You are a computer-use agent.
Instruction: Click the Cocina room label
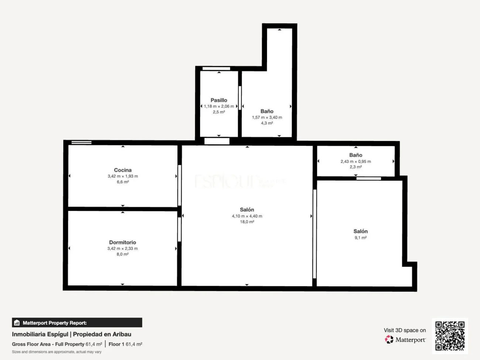coord(123,170)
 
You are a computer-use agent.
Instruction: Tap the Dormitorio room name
coord(123,243)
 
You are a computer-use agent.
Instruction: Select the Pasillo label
coord(219,100)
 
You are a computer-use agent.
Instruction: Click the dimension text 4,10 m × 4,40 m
coord(247,216)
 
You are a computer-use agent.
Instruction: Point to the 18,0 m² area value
coord(247,222)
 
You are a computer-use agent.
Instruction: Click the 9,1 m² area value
coord(360,238)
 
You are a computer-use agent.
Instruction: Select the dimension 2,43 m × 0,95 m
coord(356,161)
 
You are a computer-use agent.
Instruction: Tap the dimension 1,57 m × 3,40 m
coord(267,117)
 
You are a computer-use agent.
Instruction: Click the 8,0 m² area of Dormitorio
coord(123,254)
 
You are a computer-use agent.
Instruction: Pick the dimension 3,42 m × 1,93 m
coord(123,176)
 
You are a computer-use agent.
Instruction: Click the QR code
coord(450,336)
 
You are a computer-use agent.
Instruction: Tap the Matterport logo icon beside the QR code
coord(389,339)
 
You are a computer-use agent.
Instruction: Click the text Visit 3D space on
coord(405,330)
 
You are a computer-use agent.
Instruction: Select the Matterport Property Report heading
coord(55,323)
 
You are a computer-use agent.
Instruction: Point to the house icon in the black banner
coord(17,323)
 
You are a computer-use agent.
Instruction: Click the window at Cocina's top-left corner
coord(82,143)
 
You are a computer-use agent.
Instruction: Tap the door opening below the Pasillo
coord(217,141)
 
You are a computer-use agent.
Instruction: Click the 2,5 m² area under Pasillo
coord(219,112)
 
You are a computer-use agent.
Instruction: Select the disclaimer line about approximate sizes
coord(56,352)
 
